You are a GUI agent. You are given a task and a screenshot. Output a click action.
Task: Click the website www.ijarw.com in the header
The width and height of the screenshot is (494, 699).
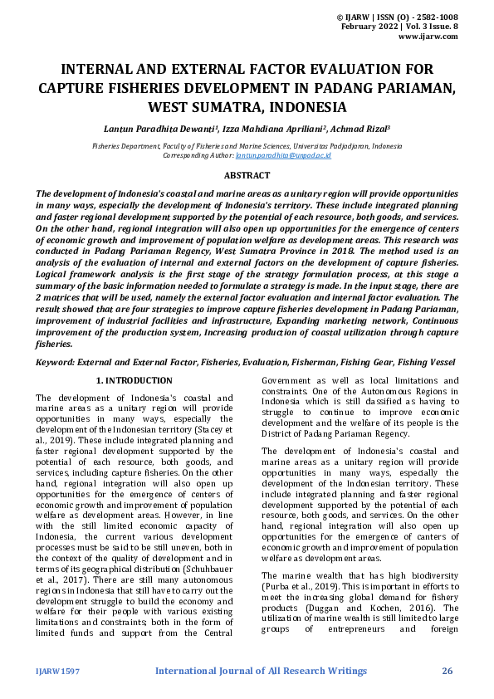click(428, 37)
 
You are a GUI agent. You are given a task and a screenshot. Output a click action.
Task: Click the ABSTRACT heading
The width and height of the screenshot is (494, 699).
click(247, 175)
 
